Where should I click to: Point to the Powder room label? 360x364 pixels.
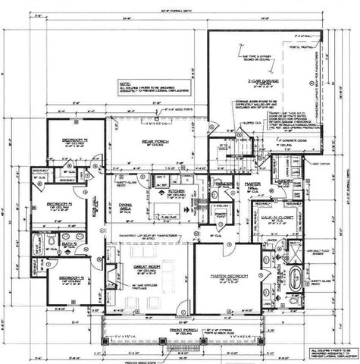223,185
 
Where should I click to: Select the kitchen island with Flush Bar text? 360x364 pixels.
168,210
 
